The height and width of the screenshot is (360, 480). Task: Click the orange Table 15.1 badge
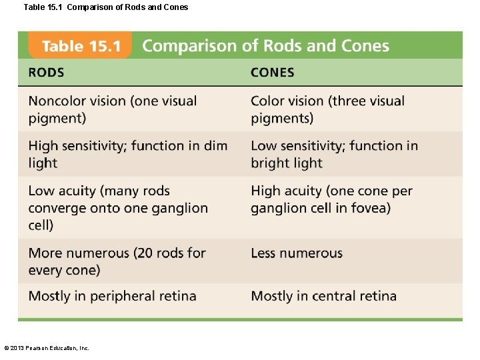pos(80,46)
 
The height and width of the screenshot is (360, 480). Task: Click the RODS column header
pos(46,73)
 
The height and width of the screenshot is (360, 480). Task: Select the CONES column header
pos(272,73)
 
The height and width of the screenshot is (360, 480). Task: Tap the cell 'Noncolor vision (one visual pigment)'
pos(113,109)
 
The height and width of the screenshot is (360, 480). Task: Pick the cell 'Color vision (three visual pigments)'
pos(327,109)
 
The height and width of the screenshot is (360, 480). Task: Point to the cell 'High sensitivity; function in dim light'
pos(127,154)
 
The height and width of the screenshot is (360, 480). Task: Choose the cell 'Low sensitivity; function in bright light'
pos(334,154)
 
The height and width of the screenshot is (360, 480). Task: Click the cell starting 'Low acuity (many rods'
pos(118,207)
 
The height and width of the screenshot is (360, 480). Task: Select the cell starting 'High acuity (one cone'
pos(331,199)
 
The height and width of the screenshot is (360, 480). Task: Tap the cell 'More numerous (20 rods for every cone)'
pos(117,261)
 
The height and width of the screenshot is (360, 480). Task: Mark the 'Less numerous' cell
pos(297,253)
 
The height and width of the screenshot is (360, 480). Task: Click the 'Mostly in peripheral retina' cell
pos(112,296)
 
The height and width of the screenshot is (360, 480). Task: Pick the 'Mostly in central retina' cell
pos(323,296)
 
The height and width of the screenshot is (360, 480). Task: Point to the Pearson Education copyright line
pos(47,347)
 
